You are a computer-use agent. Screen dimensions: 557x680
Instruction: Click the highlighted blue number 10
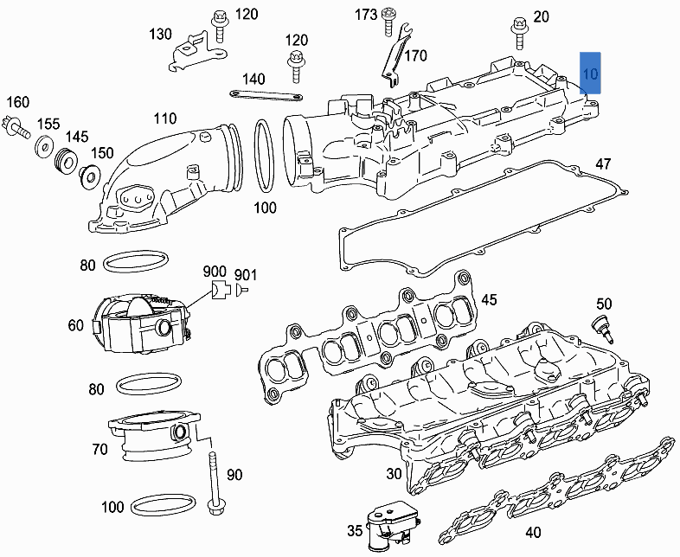pyautogui.click(x=590, y=72)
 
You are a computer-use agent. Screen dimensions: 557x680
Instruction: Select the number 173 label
pyautogui.click(x=366, y=15)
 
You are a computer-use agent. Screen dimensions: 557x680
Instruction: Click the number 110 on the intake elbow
pyautogui.click(x=164, y=118)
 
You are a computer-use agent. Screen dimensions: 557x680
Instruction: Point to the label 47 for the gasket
pyautogui.click(x=603, y=164)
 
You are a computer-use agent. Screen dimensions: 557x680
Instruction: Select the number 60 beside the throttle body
pyautogui.click(x=76, y=325)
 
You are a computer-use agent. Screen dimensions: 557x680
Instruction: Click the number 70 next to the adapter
pyautogui.click(x=99, y=449)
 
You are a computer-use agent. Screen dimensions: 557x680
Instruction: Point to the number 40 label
pyautogui.click(x=534, y=533)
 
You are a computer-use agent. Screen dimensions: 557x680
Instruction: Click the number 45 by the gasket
pyautogui.click(x=489, y=300)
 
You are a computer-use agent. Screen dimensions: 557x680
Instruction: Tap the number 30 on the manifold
pyautogui.click(x=394, y=474)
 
